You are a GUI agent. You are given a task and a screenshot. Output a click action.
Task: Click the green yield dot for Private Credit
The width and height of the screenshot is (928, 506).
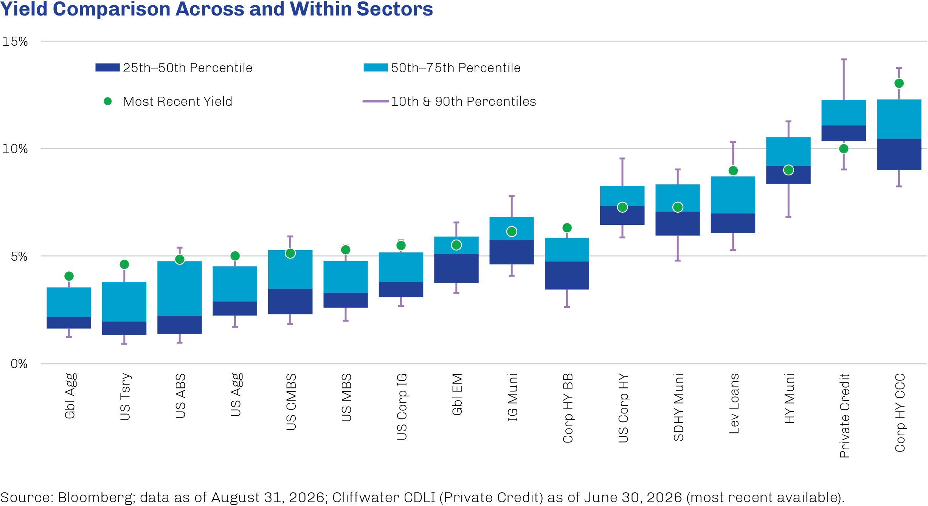tap(843, 149)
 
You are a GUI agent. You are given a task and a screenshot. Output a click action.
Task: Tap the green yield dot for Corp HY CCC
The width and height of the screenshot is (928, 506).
tap(899, 83)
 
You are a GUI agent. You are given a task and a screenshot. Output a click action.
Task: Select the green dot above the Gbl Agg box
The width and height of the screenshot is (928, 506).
tap(69, 276)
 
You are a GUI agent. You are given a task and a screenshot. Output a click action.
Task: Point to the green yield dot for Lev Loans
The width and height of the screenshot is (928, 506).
tap(733, 171)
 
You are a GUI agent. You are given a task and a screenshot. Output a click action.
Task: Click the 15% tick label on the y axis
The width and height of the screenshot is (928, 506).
tap(15, 42)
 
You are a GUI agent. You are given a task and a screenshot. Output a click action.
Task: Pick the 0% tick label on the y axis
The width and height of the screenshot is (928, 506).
tap(19, 364)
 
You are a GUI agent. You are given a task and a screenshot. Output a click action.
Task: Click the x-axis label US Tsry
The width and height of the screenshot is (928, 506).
tap(125, 397)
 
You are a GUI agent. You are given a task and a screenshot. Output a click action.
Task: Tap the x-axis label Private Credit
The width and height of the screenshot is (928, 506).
tap(844, 416)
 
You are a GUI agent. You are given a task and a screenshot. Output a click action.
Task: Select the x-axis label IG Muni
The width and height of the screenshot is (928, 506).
tap(512, 397)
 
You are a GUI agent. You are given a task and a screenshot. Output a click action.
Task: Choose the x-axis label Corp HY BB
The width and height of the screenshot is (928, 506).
tap(568, 408)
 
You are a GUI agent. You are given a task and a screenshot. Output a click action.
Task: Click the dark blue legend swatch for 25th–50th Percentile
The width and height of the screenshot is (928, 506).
tap(107, 68)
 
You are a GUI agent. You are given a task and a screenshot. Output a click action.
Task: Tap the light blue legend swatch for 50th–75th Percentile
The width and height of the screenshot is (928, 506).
tap(376, 68)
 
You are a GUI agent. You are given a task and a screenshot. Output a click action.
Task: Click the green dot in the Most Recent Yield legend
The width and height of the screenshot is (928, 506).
tap(108, 101)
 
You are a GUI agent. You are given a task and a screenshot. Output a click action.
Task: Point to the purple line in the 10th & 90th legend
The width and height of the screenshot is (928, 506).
tap(376, 101)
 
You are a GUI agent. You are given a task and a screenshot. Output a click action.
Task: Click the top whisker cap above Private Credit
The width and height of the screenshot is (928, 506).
tap(844, 59)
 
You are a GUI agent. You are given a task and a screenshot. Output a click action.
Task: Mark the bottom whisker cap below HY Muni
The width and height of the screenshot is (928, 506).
tap(788, 217)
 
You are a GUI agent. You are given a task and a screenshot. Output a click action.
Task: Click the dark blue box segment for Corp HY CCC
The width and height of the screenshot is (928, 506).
tap(899, 155)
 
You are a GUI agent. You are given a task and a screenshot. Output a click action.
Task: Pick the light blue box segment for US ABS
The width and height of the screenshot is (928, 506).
tap(180, 289)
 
